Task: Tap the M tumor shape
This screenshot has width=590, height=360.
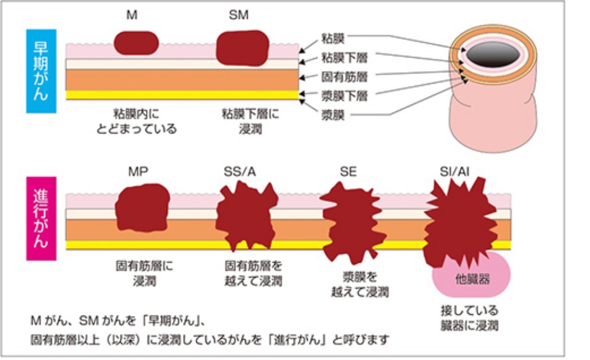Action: click(x=136, y=43)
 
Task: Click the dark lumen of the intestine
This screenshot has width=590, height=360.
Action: click(x=492, y=55)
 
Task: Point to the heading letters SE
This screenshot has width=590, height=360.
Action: click(x=348, y=172)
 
